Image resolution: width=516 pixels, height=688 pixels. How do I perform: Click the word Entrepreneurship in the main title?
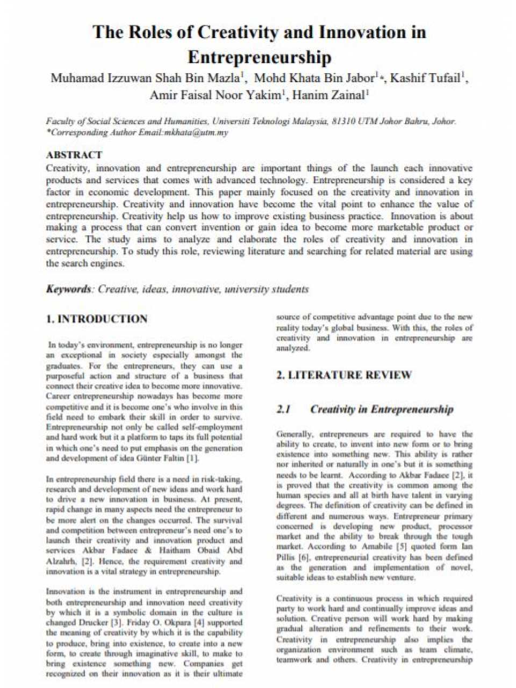pyautogui.click(x=259, y=57)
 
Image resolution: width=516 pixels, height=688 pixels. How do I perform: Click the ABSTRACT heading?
pyautogui.click(x=74, y=155)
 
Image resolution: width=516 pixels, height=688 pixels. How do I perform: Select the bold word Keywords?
pyautogui.click(x=68, y=289)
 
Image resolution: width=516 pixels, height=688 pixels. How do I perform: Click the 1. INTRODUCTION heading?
pyautogui.click(x=97, y=319)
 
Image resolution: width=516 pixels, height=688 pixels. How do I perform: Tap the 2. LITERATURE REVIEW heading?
pyautogui.click(x=344, y=375)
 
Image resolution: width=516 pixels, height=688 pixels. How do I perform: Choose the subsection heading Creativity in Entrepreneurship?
pyautogui.click(x=382, y=410)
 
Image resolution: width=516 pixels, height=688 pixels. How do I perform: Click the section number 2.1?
pyautogui.click(x=284, y=410)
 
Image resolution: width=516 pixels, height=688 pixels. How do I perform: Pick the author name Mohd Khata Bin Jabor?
pyautogui.click(x=314, y=78)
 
